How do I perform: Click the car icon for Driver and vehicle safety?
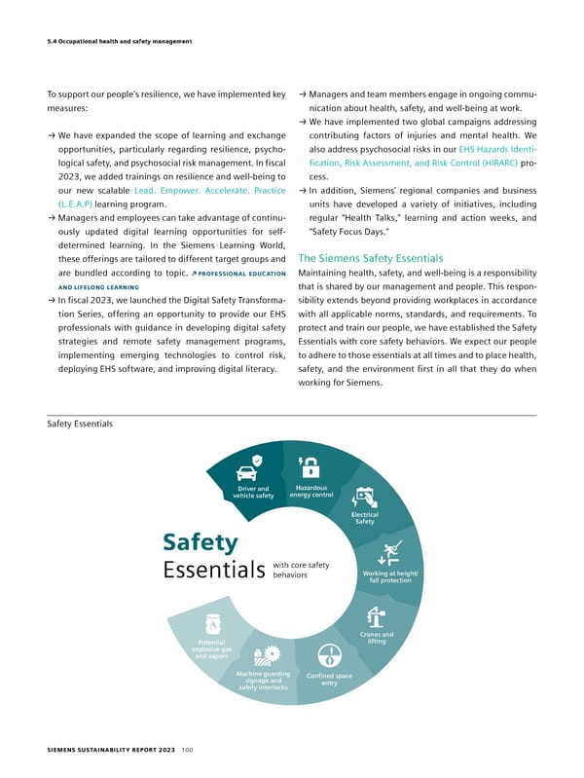tap(256, 462)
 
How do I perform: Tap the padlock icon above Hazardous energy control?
tap(310, 465)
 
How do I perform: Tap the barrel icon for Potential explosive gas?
tap(211, 624)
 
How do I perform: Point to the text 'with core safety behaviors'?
tap(301, 571)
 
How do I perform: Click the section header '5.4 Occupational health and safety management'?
tap(120, 40)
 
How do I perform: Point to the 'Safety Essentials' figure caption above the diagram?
tap(80, 425)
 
